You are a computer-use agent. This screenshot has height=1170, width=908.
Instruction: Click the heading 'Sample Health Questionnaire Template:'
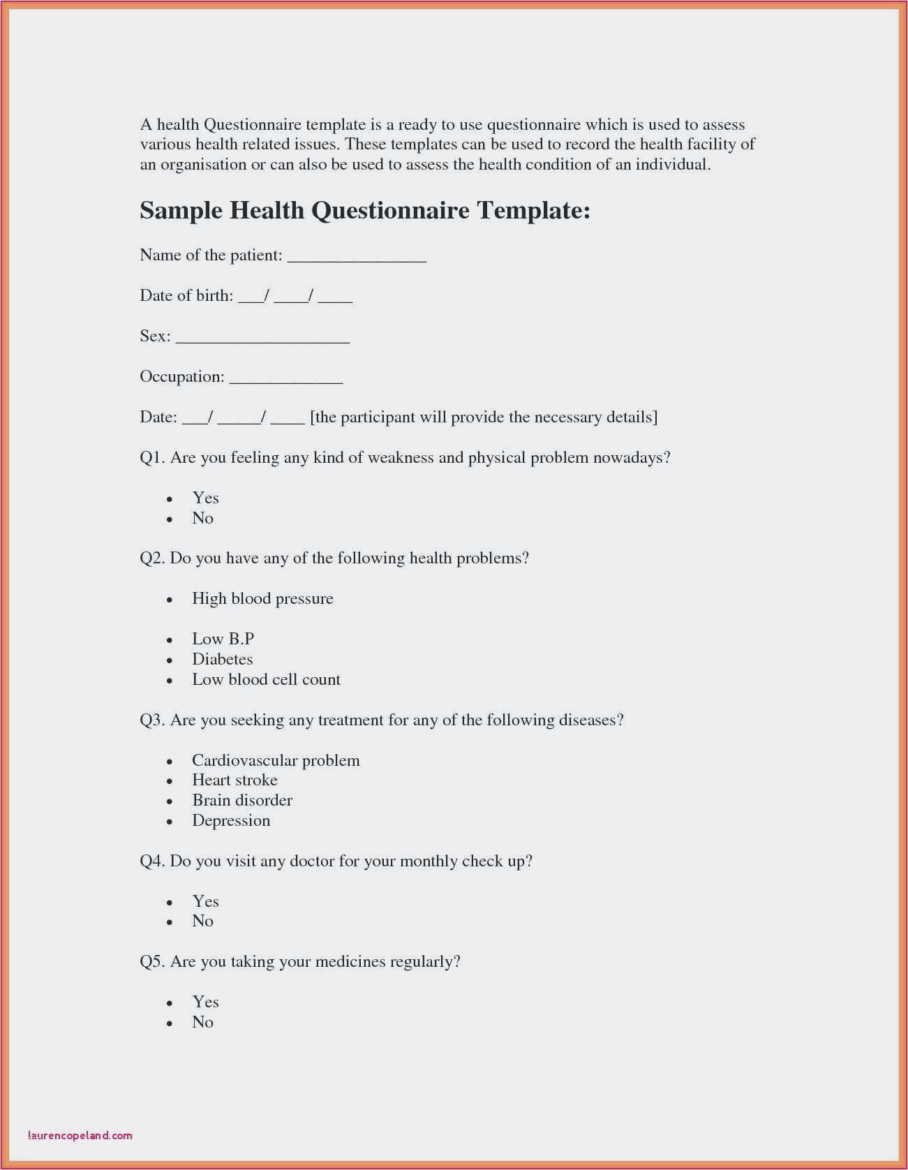click(x=365, y=210)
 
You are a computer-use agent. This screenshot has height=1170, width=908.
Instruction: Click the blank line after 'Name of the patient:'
click(x=357, y=258)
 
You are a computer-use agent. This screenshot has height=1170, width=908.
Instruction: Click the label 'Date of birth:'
click(x=186, y=295)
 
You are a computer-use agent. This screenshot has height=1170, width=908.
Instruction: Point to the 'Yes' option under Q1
click(x=205, y=498)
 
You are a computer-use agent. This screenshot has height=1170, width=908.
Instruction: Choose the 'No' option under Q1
click(x=202, y=518)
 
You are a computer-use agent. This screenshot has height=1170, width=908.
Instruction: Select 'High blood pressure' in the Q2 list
click(x=262, y=598)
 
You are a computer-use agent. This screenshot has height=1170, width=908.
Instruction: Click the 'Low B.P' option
click(x=223, y=639)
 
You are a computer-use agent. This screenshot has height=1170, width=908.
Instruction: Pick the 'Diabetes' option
click(x=222, y=659)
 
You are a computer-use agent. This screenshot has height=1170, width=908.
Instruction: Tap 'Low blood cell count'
click(x=266, y=679)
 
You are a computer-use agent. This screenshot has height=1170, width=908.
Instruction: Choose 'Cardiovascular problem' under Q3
click(x=276, y=760)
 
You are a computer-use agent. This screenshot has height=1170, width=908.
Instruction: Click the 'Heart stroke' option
click(x=235, y=780)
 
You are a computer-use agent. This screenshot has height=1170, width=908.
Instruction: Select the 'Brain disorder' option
click(x=241, y=800)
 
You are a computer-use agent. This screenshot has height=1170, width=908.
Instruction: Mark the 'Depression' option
click(x=231, y=820)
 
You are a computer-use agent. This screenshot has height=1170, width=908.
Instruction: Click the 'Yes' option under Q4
click(x=205, y=901)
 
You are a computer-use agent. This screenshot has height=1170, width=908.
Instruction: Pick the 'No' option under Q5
click(x=202, y=1022)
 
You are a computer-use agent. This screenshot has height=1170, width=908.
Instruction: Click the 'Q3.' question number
click(x=152, y=720)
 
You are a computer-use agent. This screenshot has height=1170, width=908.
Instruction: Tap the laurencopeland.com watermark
click(x=80, y=1135)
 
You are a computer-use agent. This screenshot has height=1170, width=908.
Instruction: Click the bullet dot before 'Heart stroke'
click(x=170, y=781)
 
